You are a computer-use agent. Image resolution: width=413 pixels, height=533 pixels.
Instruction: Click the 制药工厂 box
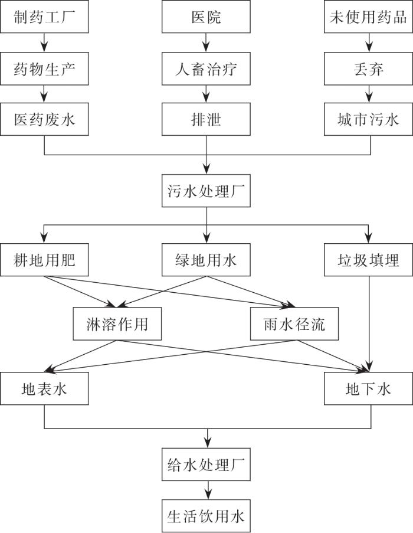click(x=44, y=17)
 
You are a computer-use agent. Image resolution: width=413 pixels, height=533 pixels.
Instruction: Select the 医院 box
click(x=206, y=17)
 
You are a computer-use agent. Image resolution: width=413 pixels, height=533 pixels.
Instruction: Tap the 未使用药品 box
click(x=369, y=17)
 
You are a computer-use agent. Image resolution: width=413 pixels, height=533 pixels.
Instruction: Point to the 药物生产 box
click(x=44, y=68)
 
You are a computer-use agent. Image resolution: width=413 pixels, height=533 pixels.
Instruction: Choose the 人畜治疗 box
click(x=206, y=68)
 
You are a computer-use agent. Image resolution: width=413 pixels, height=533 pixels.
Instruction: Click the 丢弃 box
click(x=369, y=68)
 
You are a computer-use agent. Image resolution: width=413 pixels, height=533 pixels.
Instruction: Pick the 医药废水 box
click(x=44, y=119)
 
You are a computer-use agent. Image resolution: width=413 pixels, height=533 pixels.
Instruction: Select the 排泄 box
click(x=206, y=119)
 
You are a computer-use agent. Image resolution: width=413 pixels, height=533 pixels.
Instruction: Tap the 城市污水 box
click(x=369, y=119)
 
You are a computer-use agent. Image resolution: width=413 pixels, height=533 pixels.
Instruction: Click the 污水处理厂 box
click(x=206, y=191)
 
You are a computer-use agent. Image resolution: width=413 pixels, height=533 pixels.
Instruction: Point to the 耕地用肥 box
click(x=44, y=260)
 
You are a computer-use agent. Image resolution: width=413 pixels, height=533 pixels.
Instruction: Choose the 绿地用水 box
click(x=206, y=260)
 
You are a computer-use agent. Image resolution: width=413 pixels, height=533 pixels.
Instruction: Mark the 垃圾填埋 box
click(x=369, y=260)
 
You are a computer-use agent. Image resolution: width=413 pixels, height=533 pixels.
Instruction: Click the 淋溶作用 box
click(x=117, y=324)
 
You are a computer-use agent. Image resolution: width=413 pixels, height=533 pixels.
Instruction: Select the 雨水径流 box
click(x=294, y=324)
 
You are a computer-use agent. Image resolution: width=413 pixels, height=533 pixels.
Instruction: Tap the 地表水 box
click(x=44, y=388)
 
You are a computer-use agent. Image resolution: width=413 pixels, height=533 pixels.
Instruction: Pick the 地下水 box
click(x=369, y=388)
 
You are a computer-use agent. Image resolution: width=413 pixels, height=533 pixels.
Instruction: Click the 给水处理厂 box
click(x=206, y=465)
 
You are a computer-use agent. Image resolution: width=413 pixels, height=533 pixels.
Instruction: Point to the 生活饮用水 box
click(x=206, y=516)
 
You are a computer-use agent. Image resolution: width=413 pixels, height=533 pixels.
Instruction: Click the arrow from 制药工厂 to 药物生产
click(x=44, y=42)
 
